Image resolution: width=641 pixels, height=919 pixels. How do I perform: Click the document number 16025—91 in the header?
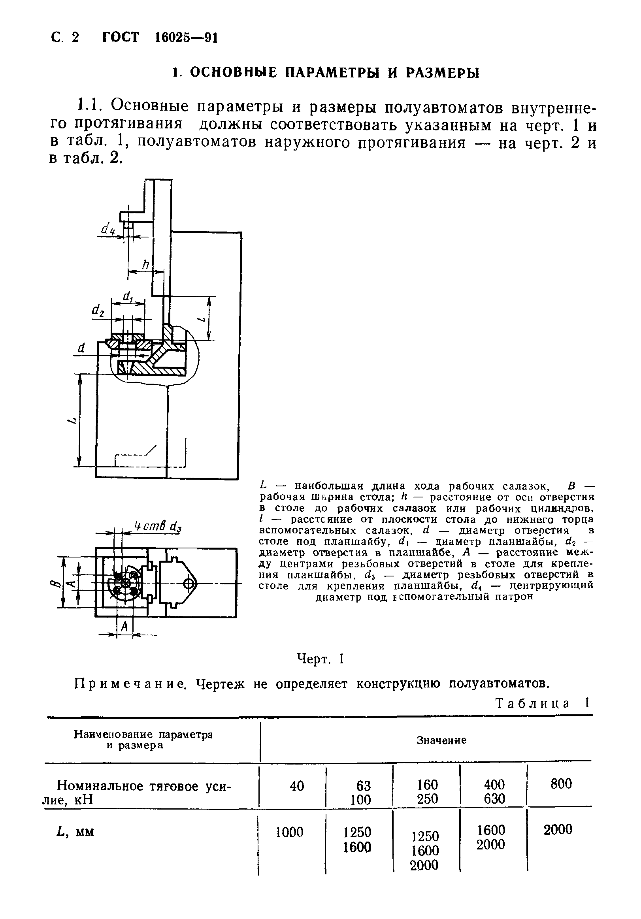(185, 38)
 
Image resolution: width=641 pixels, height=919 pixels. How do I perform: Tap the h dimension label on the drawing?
(145, 264)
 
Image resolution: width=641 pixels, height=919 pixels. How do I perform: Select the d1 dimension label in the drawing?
(128, 297)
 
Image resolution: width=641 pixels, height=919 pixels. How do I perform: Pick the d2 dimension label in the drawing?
(98, 310)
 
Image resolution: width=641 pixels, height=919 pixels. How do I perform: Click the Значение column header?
(441, 740)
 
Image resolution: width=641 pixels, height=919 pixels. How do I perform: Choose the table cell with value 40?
(297, 786)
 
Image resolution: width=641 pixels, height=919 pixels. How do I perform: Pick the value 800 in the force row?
(561, 784)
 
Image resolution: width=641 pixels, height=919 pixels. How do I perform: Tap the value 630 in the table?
(494, 799)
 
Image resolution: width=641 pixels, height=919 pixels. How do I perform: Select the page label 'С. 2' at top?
(65, 37)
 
